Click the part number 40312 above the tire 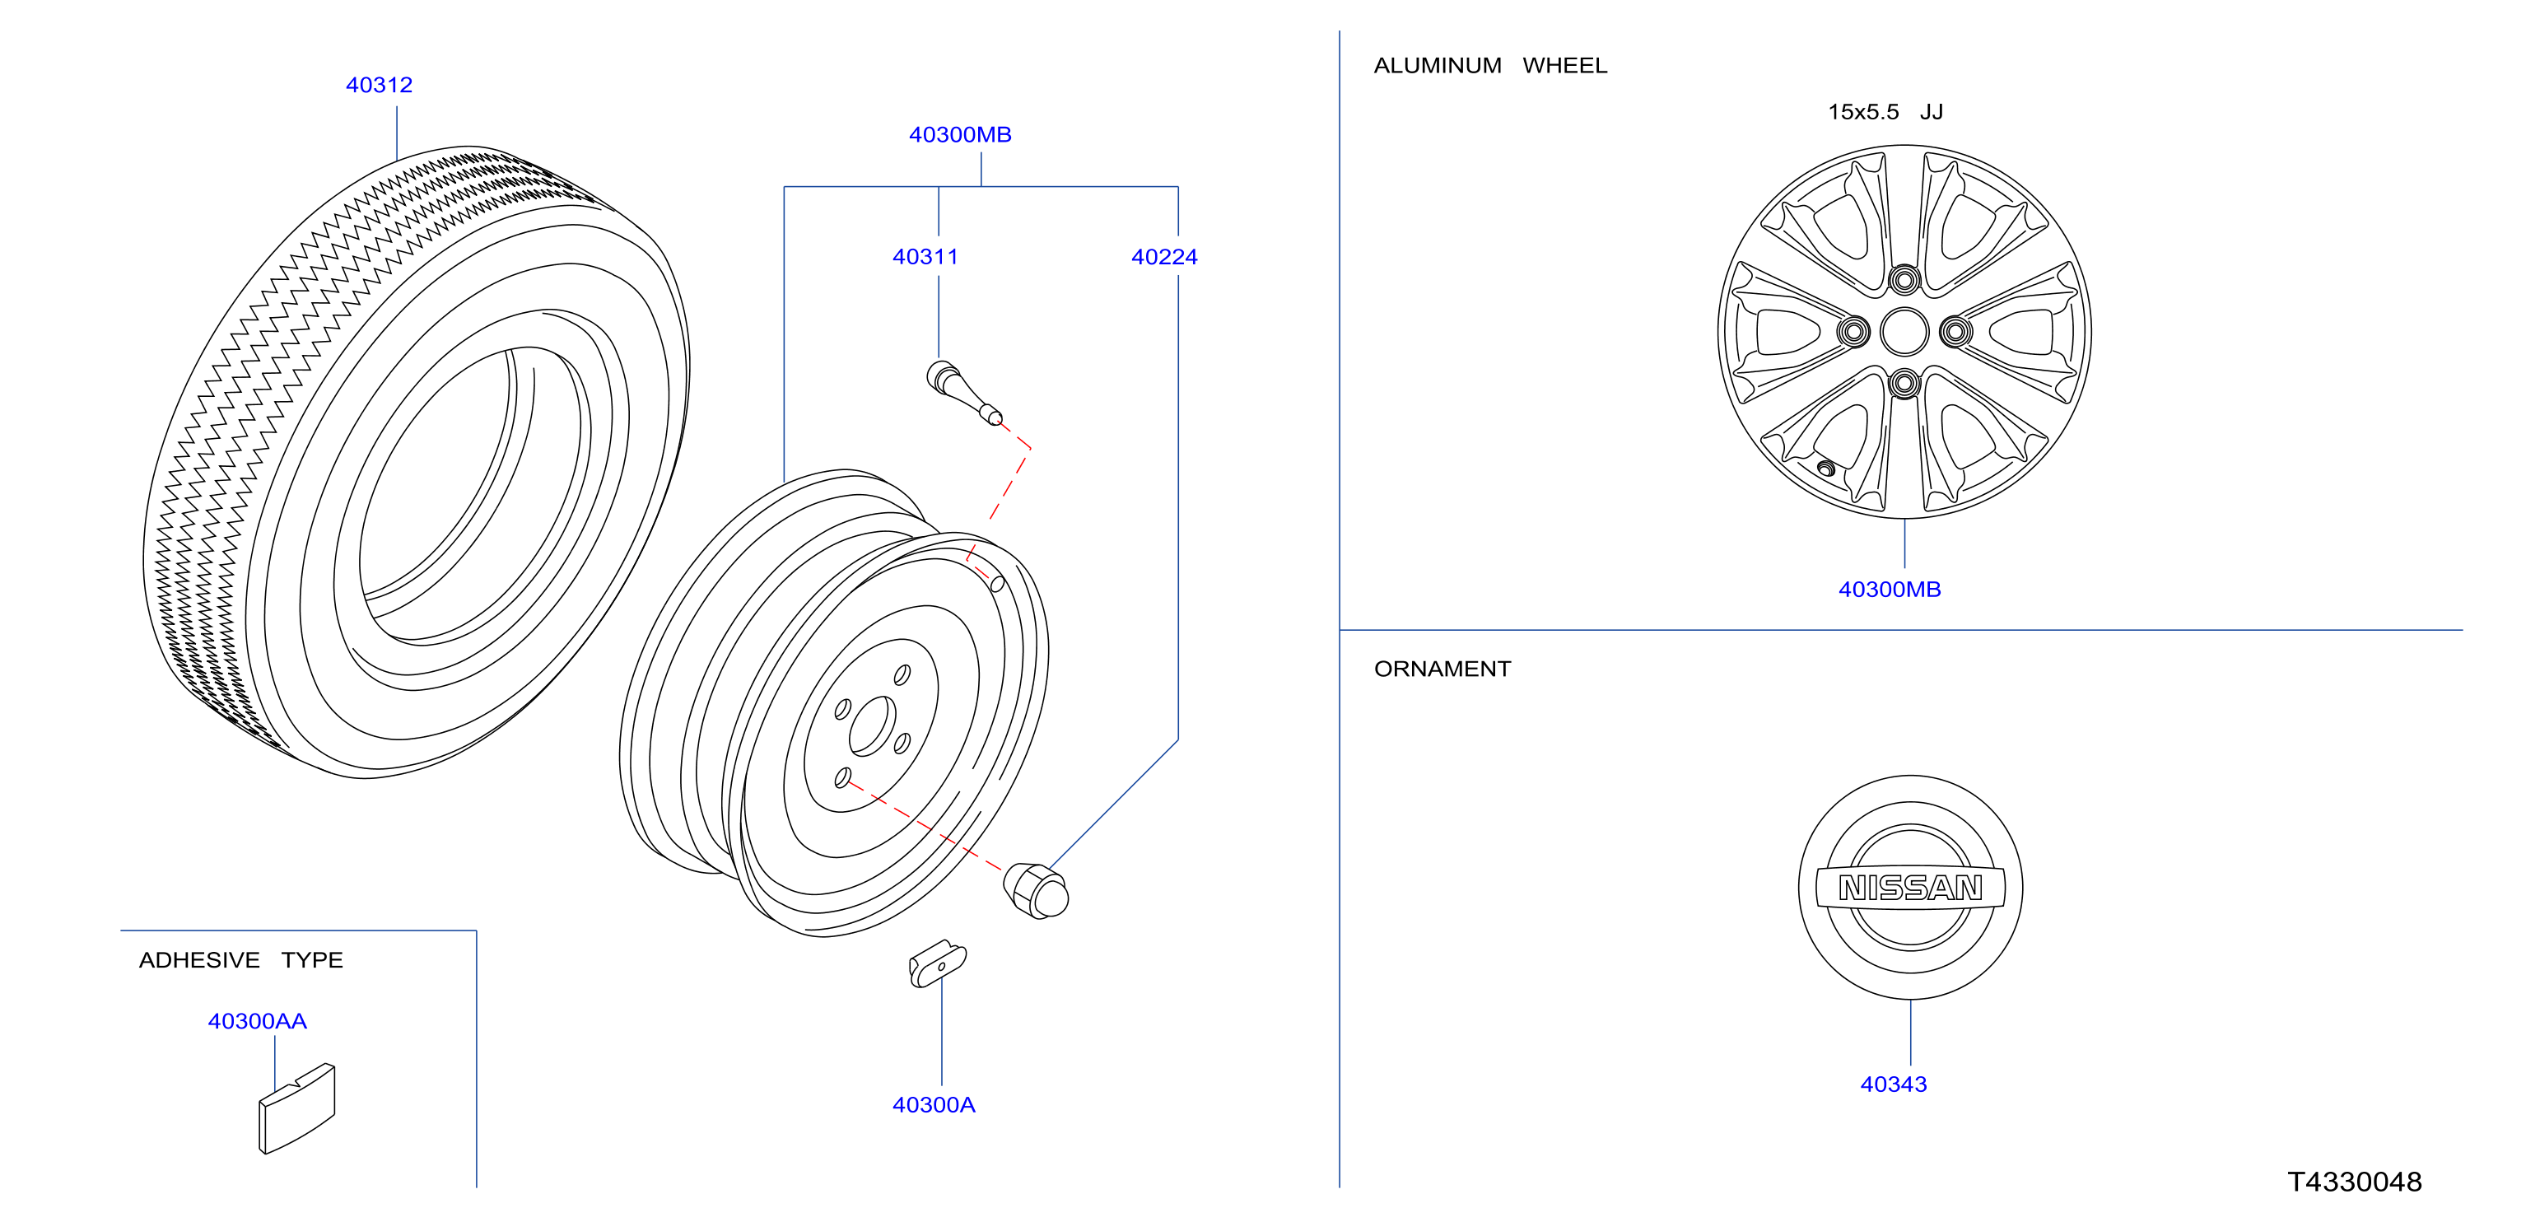[x=379, y=86]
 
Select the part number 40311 [x=925, y=257]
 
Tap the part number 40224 [x=1164, y=257]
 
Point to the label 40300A [x=934, y=1105]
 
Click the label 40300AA [x=257, y=1022]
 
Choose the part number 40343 [x=1894, y=1084]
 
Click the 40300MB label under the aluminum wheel [x=1890, y=590]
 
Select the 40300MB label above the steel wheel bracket [x=960, y=135]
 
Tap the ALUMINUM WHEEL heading [x=1490, y=66]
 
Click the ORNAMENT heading [x=1442, y=669]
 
